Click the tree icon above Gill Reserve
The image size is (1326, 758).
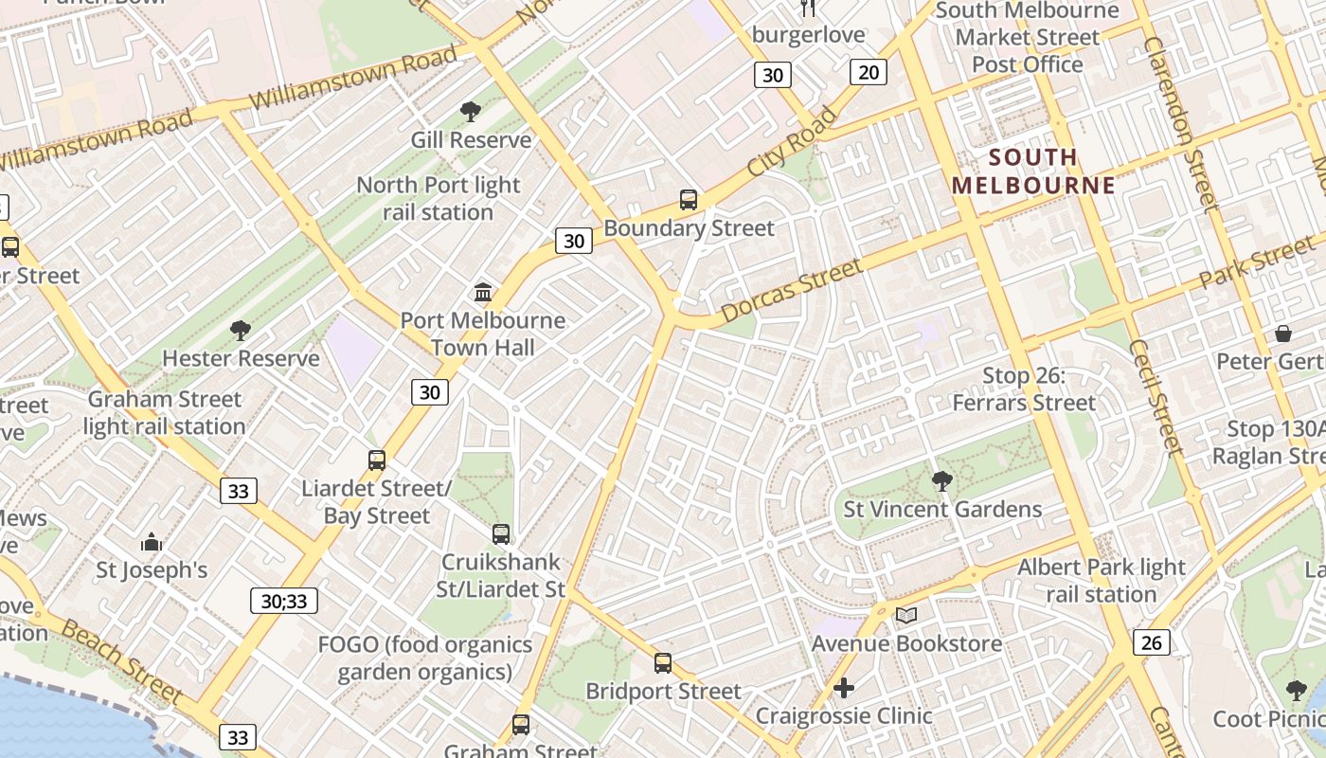click(470, 112)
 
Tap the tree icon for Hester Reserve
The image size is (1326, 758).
click(240, 331)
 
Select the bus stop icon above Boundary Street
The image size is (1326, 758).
click(689, 200)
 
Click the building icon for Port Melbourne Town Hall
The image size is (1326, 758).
click(483, 292)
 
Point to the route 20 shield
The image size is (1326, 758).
click(868, 71)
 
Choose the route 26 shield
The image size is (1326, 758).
click(1151, 642)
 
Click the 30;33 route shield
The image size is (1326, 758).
click(284, 601)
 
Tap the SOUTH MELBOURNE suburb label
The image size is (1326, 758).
click(1034, 171)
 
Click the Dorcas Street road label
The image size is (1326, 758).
click(791, 290)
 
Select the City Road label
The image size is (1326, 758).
click(792, 141)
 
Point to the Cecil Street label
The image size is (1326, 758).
click(1156, 398)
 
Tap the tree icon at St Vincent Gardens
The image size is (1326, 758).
click(941, 481)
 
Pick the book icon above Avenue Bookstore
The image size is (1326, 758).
click(906, 616)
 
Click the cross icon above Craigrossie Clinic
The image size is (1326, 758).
click(843, 687)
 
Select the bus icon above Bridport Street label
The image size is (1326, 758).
click(663, 663)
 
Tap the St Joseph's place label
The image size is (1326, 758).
click(152, 570)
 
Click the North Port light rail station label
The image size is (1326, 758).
click(438, 198)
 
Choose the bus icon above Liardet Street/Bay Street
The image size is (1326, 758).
click(377, 460)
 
